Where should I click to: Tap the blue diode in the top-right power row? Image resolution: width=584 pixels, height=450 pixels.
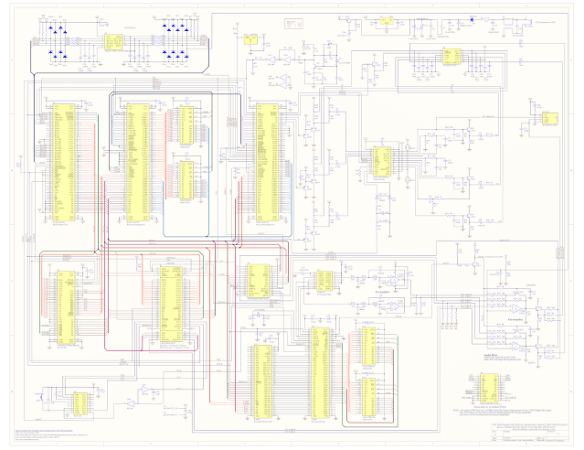[473, 18]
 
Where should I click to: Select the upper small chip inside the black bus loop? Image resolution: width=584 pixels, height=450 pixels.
[186, 125]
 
